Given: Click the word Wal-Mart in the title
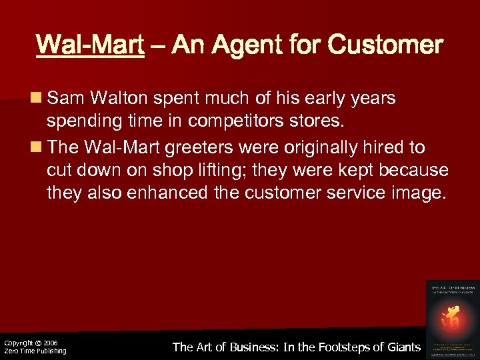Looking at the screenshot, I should (x=90, y=45).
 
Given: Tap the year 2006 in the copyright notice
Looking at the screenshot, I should (x=51, y=343).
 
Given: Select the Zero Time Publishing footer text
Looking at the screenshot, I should (x=35, y=351).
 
